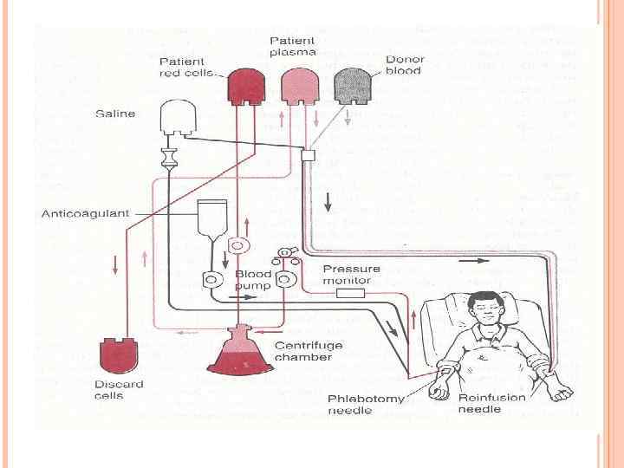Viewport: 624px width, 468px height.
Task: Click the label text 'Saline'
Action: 115,114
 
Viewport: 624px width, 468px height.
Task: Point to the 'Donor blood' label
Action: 403,64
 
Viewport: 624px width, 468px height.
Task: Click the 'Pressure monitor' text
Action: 347,274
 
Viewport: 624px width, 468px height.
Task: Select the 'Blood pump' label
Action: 253,280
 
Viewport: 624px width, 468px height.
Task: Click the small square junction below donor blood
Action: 307,154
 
